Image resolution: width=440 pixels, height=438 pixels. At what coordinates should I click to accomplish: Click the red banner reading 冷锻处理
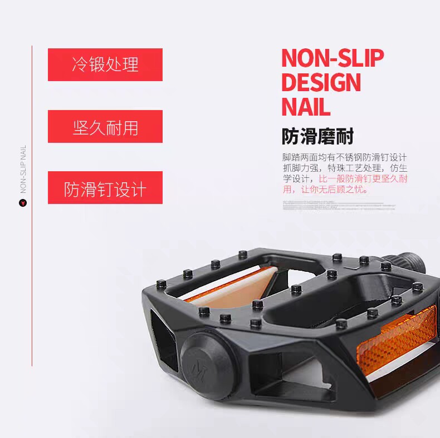[105, 64]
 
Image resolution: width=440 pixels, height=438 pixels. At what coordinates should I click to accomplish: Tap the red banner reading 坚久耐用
[105, 127]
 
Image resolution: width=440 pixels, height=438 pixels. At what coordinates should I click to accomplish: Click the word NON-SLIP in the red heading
[333, 58]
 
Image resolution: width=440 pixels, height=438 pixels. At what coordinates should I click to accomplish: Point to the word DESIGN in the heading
[321, 82]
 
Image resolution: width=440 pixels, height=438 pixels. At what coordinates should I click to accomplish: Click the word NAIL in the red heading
[306, 106]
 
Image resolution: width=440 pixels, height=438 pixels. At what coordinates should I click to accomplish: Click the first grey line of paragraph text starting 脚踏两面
[345, 157]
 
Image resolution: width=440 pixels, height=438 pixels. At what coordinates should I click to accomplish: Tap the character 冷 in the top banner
[80, 64]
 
